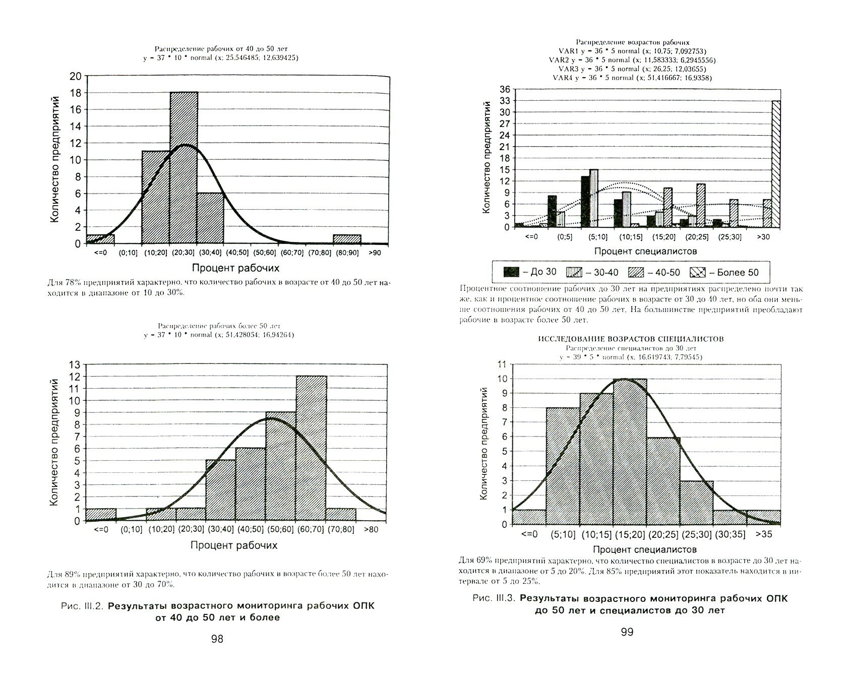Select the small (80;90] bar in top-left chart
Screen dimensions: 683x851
point(347,239)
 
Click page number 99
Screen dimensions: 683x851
point(627,632)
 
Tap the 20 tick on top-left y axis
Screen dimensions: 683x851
point(75,76)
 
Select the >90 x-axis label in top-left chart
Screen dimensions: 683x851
point(375,253)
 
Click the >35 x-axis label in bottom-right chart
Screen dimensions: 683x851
point(764,534)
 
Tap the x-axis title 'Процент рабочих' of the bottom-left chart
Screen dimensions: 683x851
point(234,545)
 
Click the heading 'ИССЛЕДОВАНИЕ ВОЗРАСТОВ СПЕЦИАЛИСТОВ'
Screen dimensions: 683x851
point(631,339)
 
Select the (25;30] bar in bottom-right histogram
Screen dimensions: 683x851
point(697,503)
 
